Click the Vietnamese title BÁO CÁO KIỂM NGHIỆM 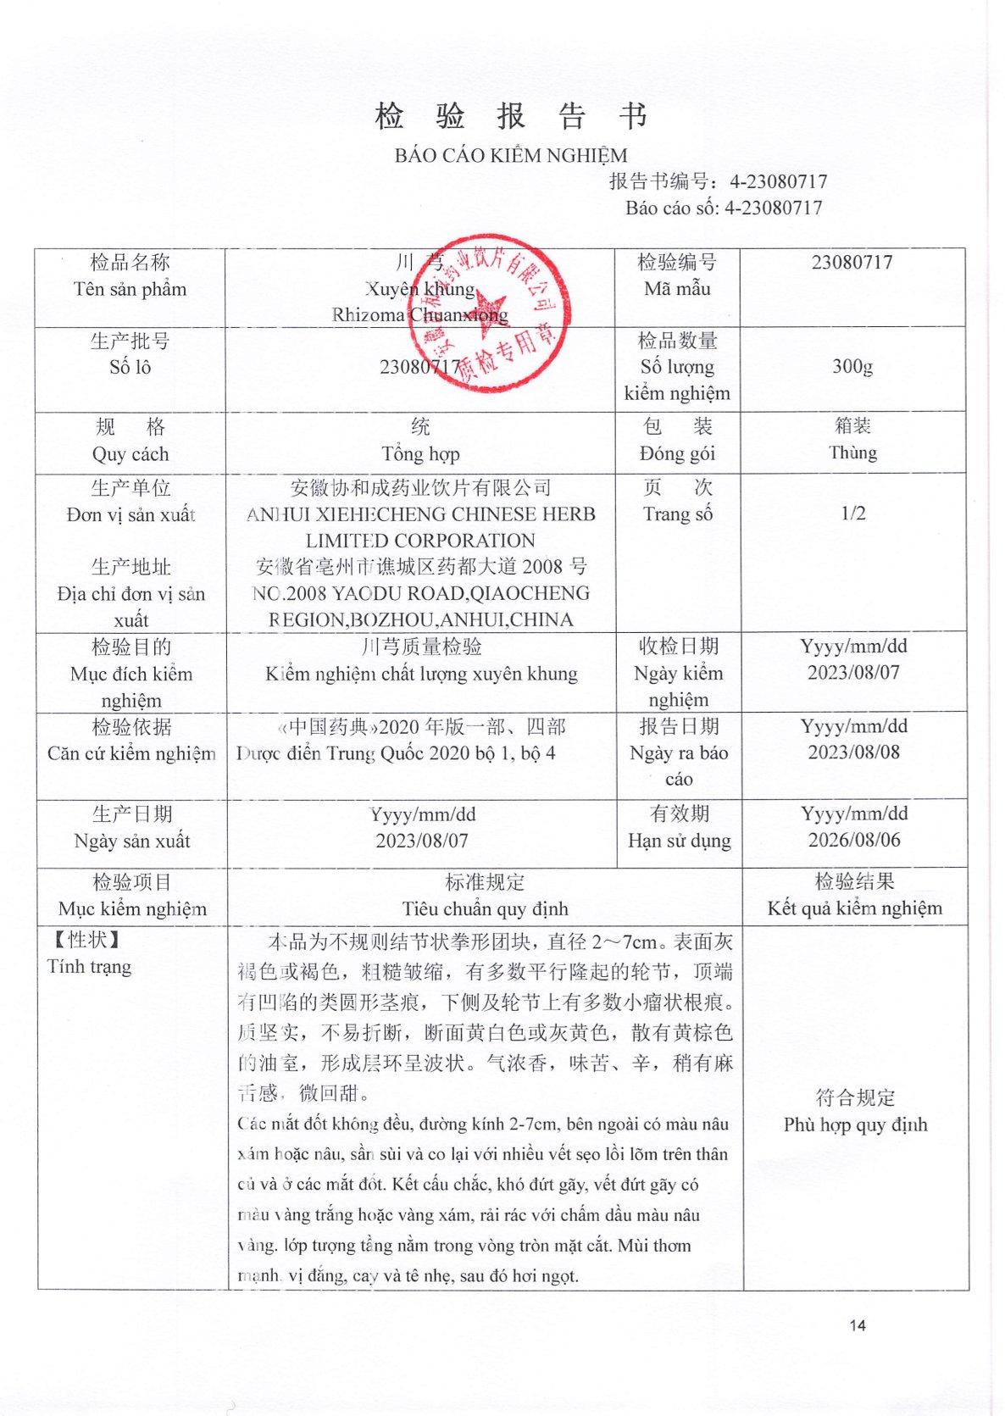511,156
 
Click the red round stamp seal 489,313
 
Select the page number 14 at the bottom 858,1325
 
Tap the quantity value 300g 852,366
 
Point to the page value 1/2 853,514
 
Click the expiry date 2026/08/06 854,840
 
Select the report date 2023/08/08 854,752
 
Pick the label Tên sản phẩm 130,289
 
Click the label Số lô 130,367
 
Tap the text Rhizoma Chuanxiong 420,315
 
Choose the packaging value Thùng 852,453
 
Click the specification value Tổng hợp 420,454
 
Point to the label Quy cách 130,454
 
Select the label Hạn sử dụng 679,841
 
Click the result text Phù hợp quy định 855,1124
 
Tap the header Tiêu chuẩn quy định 485,909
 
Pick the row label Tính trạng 89,967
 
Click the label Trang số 678,514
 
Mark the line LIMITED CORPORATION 420,541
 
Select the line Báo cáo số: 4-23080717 724,208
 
